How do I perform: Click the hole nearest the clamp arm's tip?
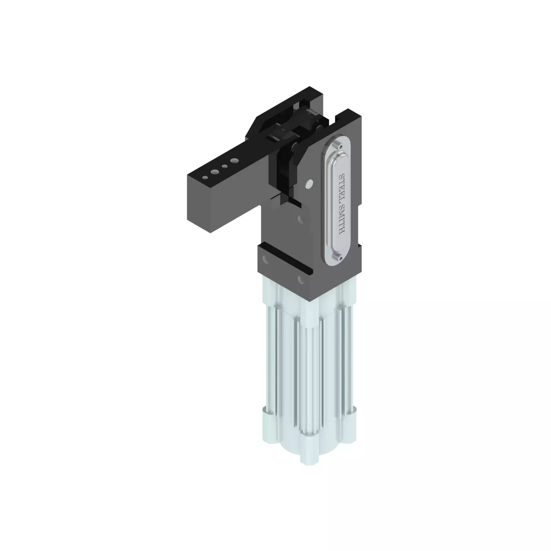(205, 177)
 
